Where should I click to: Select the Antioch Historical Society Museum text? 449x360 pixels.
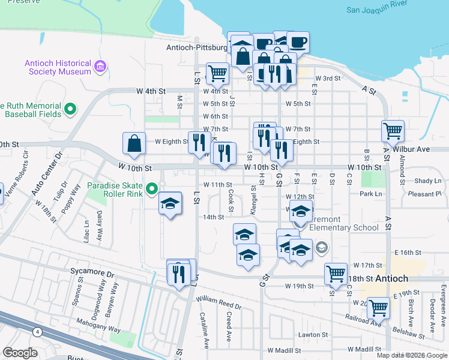click(x=58, y=67)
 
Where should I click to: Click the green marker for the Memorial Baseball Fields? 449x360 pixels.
click(x=71, y=109)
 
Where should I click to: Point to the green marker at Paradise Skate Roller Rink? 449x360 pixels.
click(x=153, y=190)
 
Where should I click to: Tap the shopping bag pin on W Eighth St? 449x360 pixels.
click(x=134, y=144)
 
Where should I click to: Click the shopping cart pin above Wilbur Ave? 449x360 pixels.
click(x=393, y=131)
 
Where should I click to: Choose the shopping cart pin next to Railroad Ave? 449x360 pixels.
click(x=378, y=308)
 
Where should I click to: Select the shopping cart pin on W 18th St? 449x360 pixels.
click(x=336, y=274)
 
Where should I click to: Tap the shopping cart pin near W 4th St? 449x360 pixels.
click(x=217, y=74)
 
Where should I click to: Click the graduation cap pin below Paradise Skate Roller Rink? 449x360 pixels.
click(x=170, y=205)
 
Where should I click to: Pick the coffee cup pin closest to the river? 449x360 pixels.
click(x=298, y=42)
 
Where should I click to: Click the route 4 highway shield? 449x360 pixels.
click(x=38, y=331)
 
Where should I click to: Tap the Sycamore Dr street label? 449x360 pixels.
click(x=93, y=273)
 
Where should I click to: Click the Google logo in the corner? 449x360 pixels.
click(x=20, y=353)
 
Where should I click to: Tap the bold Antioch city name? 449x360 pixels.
click(x=392, y=279)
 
